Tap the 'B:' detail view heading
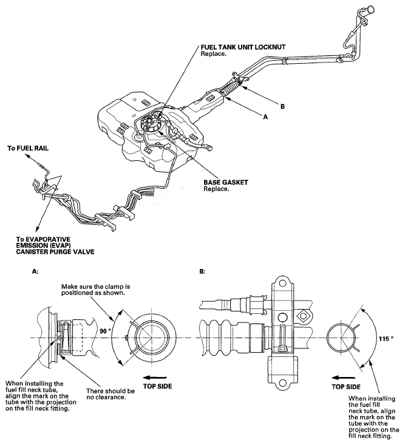click(202, 273)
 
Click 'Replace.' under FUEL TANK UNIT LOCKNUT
click(213, 53)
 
